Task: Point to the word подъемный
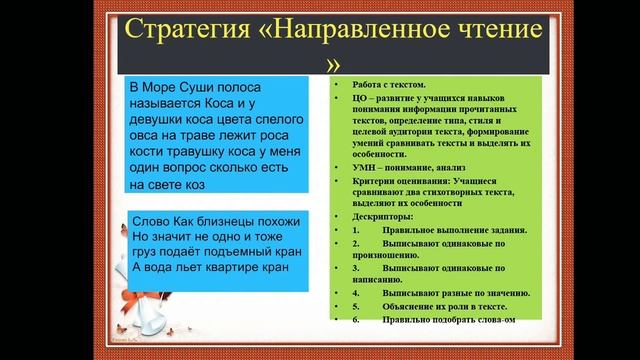tap(236, 252)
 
